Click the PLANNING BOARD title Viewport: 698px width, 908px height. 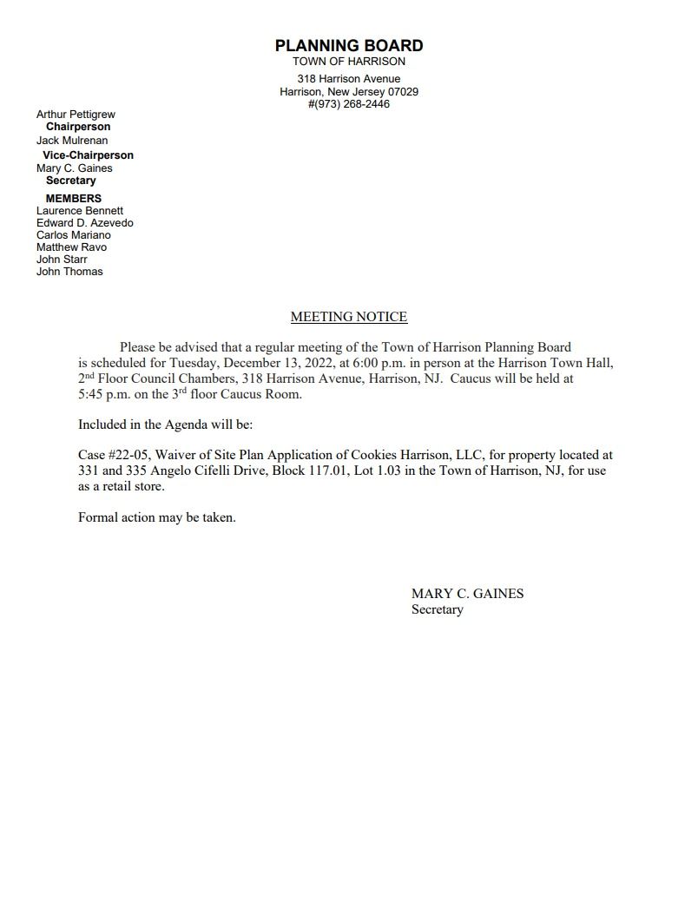(349, 45)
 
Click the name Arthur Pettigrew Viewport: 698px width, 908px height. (76, 115)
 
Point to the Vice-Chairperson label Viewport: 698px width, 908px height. (88, 155)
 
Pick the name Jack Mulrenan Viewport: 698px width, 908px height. (72, 141)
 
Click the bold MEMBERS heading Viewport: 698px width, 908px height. (74, 199)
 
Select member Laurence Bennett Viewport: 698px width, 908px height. (80, 211)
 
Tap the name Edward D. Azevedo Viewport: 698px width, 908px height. (85, 223)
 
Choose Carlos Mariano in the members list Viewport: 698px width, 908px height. (74, 235)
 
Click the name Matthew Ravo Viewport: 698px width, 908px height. (71, 247)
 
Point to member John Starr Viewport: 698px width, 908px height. (62, 260)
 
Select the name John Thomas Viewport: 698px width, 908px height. (69, 272)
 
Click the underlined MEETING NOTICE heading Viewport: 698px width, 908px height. (349, 317)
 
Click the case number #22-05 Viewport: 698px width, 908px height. (128, 455)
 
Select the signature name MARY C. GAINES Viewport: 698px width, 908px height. (467, 594)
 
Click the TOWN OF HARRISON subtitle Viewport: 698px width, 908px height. (349, 62)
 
